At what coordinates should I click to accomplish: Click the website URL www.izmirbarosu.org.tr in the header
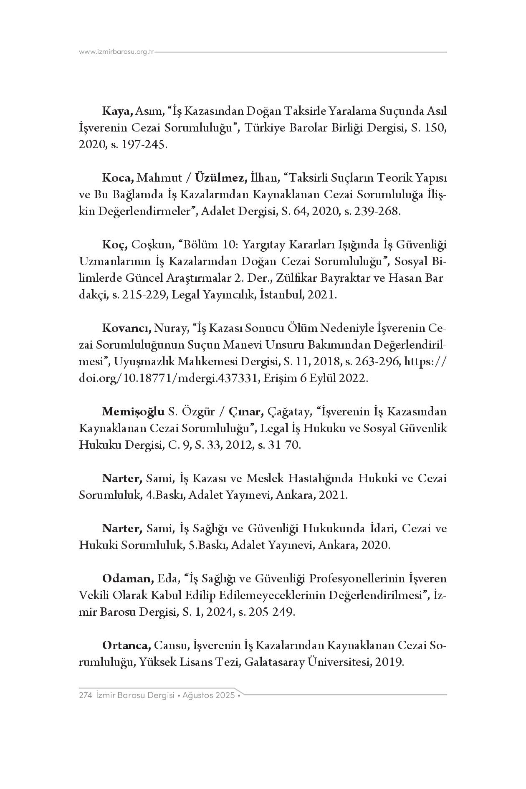(116, 52)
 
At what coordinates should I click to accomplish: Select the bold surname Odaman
(128, 579)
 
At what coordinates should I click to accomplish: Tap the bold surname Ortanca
(126, 646)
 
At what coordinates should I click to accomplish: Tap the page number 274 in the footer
(85, 695)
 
